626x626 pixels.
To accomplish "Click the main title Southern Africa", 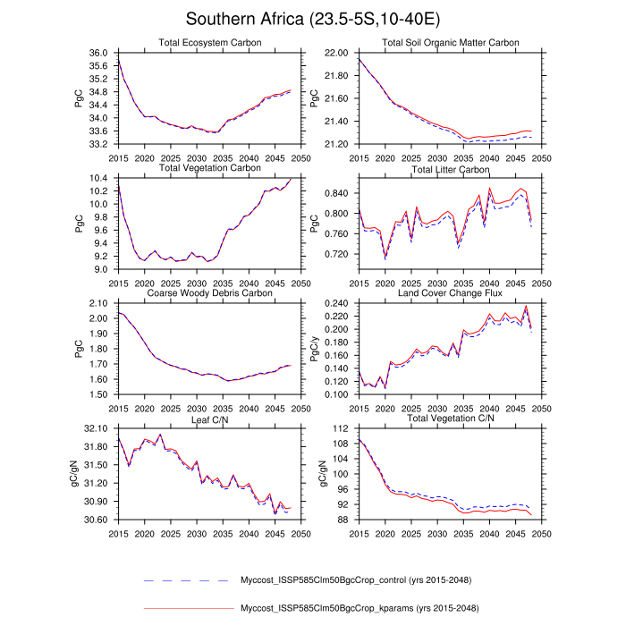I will (x=313, y=19).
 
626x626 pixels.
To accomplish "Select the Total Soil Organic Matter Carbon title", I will (x=450, y=43).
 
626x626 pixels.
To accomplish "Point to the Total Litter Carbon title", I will (x=450, y=167).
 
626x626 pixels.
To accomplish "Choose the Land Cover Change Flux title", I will (x=450, y=292).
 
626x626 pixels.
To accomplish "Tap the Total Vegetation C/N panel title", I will (x=450, y=418).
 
